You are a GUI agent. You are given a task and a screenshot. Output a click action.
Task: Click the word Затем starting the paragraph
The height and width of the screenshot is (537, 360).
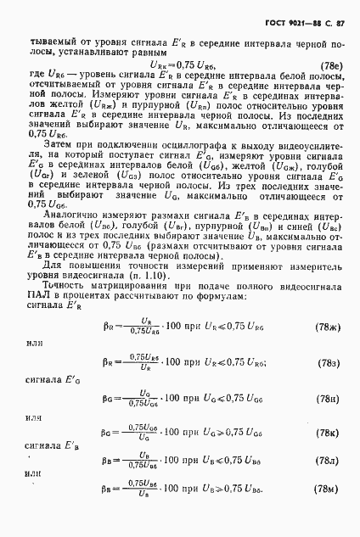pyautogui.click(x=61, y=146)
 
